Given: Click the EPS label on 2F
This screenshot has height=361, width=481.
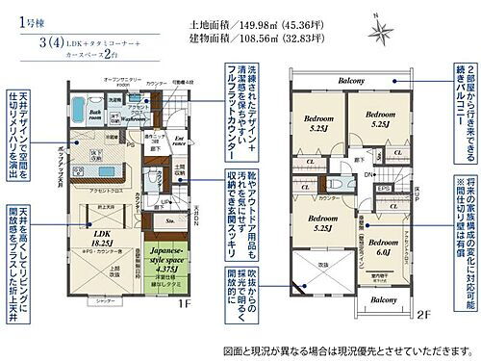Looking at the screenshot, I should point(382,189).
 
